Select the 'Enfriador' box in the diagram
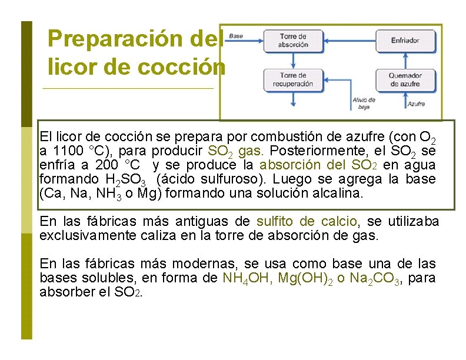405,41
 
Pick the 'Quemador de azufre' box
405,79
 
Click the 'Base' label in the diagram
235,36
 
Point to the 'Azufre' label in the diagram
416,104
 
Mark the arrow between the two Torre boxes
294,59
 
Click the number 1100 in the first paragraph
68,151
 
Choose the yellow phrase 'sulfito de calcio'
307,222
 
